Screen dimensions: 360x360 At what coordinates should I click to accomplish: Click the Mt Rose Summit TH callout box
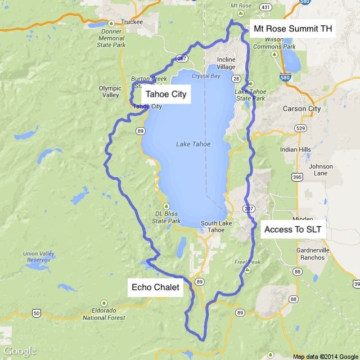292,28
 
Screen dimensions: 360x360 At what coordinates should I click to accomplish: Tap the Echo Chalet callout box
155,287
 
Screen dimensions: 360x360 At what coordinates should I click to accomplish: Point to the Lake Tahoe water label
193,144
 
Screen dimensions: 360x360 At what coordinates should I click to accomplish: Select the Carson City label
303,109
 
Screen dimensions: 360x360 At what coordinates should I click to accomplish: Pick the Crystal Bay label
202,75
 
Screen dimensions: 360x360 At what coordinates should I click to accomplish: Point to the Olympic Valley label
110,92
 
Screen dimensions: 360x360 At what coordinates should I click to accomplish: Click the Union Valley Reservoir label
38,257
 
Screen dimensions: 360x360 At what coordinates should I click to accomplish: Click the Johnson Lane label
321,170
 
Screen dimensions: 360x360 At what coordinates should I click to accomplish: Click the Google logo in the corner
20,351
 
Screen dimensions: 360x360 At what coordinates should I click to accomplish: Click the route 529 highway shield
301,129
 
